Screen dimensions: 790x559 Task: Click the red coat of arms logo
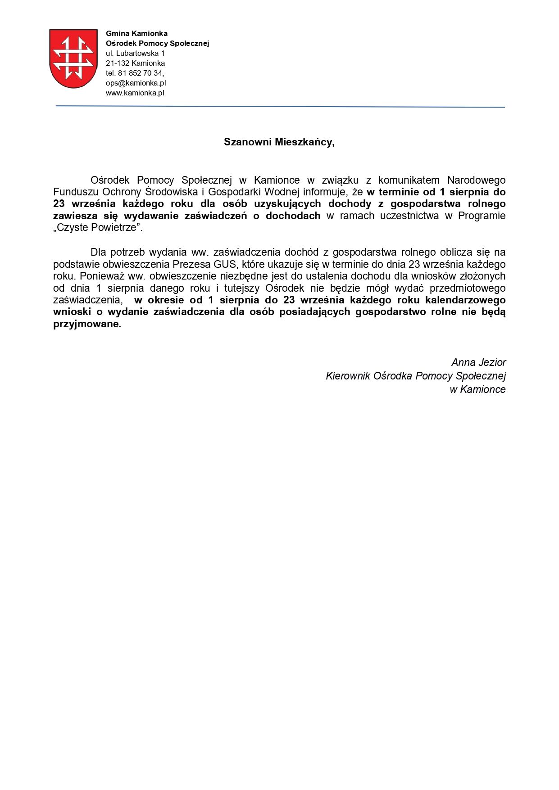coord(73,58)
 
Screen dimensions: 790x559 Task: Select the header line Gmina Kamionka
coord(136,33)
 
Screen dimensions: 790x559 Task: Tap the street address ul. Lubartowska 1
coord(135,53)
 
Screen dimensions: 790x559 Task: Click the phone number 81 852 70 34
coord(141,73)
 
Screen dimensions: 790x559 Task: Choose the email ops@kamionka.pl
coord(136,83)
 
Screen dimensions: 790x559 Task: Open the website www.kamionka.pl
coord(135,93)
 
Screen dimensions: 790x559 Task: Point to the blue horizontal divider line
coord(279,107)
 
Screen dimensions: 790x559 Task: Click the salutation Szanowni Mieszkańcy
coord(279,142)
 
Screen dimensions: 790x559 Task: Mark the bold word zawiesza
coord(73,216)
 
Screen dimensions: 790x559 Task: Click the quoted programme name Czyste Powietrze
coord(98,228)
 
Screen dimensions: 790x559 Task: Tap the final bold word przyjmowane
coord(87,324)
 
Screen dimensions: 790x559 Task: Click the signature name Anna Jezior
coord(478,362)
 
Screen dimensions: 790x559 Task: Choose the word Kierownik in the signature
coord(348,376)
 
